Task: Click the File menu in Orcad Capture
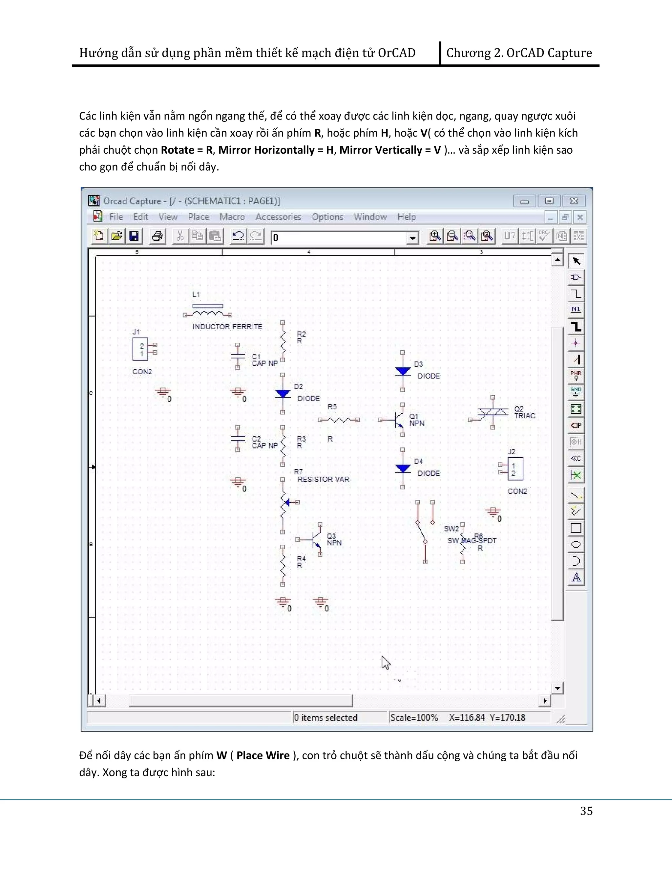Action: pyautogui.click(x=116, y=217)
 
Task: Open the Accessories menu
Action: pyautogui.click(x=278, y=217)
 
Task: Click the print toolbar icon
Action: pyautogui.click(x=157, y=236)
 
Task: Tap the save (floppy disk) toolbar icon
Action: pyautogui.click(x=134, y=236)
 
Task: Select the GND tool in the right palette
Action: pyautogui.click(x=576, y=392)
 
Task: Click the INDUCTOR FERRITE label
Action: pyautogui.click(x=227, y=327)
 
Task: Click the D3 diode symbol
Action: pyautogui.click(x=403, y=371)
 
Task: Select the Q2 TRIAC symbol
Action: pyautogui.click(x=493, y=412)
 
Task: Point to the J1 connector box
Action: pyautogui.click(x=140, y=349)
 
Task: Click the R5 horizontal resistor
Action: pyautogui.click(x=339, y=420)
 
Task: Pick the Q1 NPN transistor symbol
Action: pyautogui.click(x=397, y=420)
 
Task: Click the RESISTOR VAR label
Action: pyautogui.click(x=323, y=479)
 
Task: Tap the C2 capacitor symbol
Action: pyautogui.click(x=238, y=438)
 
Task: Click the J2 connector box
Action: pyautogui.click(x=515, y=469)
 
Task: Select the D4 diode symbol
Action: pyautogui.click(x=403, y=468)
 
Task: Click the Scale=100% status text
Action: pyautogui.click(x=414, y=717)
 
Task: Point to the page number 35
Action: pyautogui.click(x=586, y=811)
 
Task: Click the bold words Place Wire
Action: pyautogui.click(x=263, y=756)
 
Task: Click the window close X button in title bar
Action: pyautogui.click(x=574, y=201)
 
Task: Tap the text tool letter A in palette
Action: pyautogui.click(x=576, y=577)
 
